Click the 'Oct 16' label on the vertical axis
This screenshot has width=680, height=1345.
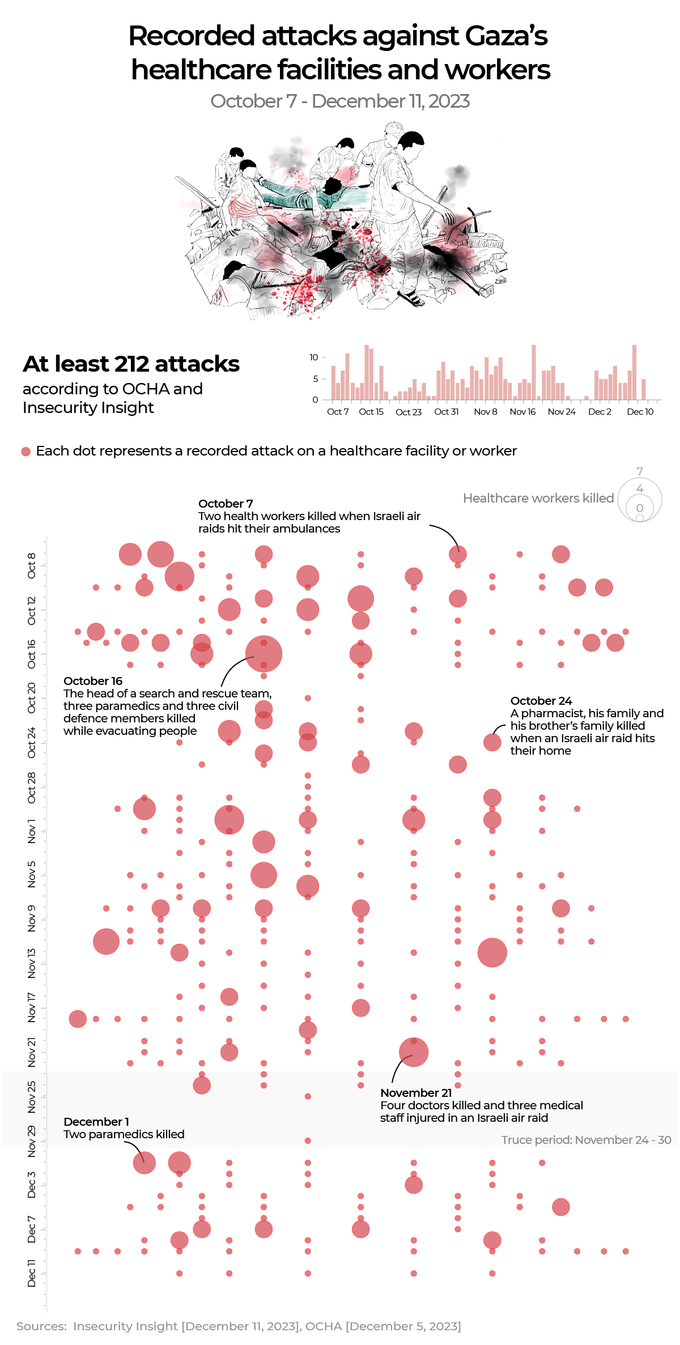pyautogui.click(x=32, y=654)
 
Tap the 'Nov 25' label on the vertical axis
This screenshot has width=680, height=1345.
pyautogui.click(x=32, y=1096)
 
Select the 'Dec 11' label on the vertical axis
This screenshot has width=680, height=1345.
pyautogui.click(x=32, y=1273)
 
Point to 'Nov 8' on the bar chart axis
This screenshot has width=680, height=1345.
pyautogui.click(x=485, y=412)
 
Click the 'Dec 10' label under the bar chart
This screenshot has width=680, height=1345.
pyautogui.click(x=640, y=412)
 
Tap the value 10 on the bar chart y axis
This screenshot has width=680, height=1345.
pyautogui.click(x=314, y=357)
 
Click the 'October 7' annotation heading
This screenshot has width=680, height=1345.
pyautogui.click(x=226, y=504)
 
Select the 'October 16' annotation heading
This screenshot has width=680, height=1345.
pyautogui.click(x=93, y=681)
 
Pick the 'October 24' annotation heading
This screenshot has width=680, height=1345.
pyautogui.click(x=541, y=701)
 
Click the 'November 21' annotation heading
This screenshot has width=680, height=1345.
pyautogui.click(x=416, y=1093)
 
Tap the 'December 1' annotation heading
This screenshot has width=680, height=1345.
pyautogui.click(x=96, y=1122)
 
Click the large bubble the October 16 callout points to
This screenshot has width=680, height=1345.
pyautogui.click(x=263, y=654)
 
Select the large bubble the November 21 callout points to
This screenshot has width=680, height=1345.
pyautogui.click(x=414, y=1052)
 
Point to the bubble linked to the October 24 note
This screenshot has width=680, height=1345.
pyautogui.click(x=492, y=742)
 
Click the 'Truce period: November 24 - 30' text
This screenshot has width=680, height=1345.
pyautogui.click(x=586, y=1140)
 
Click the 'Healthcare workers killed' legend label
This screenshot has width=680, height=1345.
pyautogui.click(x=538, y=498)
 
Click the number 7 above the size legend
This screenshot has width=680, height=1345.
pyautogui.click(x=640, y=471)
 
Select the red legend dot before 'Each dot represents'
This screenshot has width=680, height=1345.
pyautogui.click(x=25, y=452)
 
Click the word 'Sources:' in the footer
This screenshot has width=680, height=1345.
pyautogui.click(x=41, y=1326)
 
